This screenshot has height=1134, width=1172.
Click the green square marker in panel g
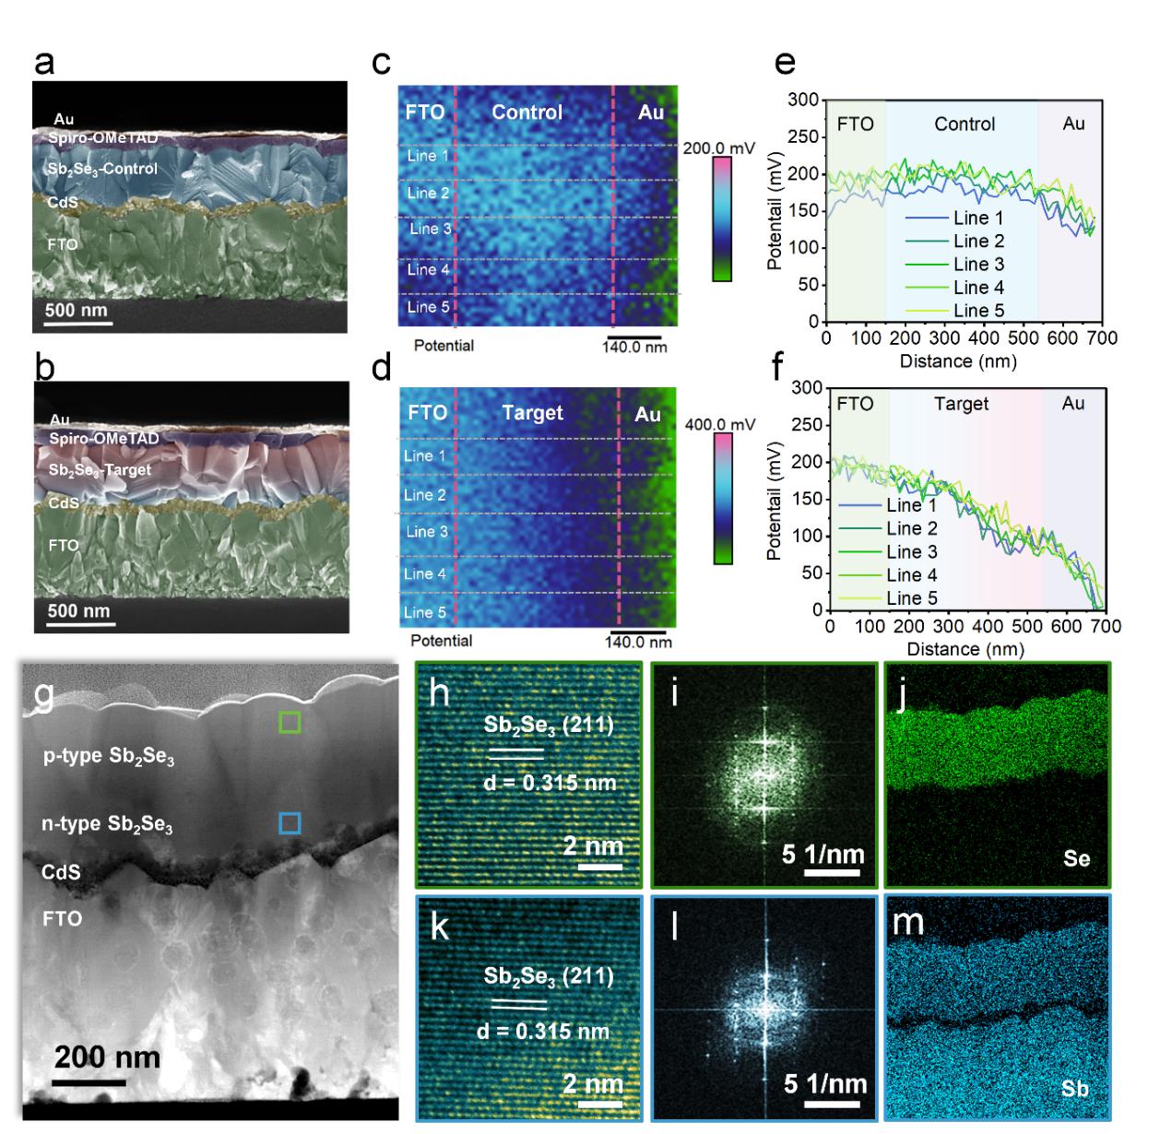(290, 722)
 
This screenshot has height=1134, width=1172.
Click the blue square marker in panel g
(290, 822)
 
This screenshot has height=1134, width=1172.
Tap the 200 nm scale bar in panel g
(89, 1081)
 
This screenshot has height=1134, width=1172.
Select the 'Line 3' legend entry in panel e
(978, 264)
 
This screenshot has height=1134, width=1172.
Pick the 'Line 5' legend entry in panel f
(911, 598)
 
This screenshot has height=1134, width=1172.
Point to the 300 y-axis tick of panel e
(804, 100)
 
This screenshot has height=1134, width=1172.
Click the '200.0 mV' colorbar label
(718, 148)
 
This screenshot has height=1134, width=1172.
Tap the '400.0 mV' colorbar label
(720, 424)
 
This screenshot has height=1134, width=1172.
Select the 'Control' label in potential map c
(527, 112)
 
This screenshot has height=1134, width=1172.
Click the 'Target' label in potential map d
(532, 413)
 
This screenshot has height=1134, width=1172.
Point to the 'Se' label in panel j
(1076, 859)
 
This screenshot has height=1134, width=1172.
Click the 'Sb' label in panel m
(1074, 1089)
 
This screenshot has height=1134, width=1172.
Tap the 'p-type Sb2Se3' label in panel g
(109, 757)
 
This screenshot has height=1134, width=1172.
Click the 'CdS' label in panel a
(64, 203)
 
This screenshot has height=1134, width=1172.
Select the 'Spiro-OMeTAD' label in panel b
(104, 438)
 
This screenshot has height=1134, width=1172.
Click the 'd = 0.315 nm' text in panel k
(543, 1031)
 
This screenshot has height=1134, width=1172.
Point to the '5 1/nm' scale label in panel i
(823, 854)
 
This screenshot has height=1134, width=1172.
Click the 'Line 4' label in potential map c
(429, 269)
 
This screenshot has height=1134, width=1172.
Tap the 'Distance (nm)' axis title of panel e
(959, 361)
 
